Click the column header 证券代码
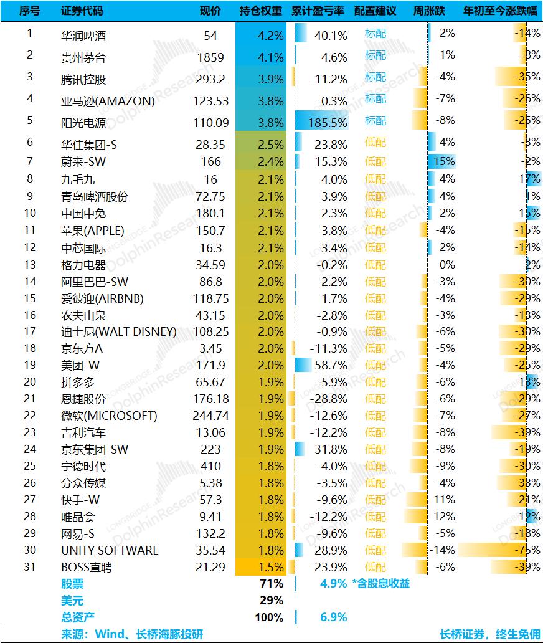(x=82, y=11)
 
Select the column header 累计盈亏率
(x=318, y=11)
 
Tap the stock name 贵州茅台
(x=83, y=57)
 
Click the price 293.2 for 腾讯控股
(x=210, y=79)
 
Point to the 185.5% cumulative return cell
(x=328, y=123)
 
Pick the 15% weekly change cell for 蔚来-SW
(x=444, y=161)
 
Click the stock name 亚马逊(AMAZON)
(x=108, y=101)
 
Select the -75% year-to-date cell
(x=527, y=550)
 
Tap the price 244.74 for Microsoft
(x=210, y=416)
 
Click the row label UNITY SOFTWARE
(x=110, y=550)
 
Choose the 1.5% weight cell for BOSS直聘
(x=271, y=567)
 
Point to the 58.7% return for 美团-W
(x=331, y=365)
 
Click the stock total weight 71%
(x=271, y=583)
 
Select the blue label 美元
(x=72, y=601)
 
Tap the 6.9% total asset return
(x=334, y=617)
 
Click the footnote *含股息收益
(x=380, y=583)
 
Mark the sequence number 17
(x=30, y=331)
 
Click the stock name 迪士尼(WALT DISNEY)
(x=119, y=331)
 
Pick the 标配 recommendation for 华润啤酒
(x=375, y=33)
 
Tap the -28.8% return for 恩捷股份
(x=329, y=399)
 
